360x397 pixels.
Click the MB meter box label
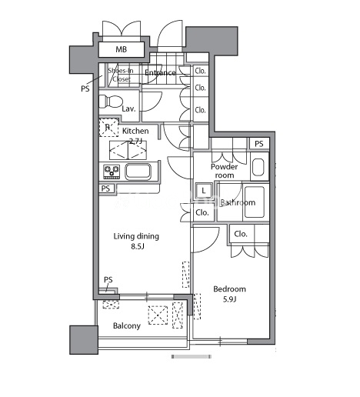click(121, 49)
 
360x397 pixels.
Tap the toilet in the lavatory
click(110, 102)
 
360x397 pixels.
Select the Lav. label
click(128, 108)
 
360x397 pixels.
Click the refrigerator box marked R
click(108, 127)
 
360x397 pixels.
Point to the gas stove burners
click(112, 172)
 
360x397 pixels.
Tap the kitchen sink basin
click(138, 172)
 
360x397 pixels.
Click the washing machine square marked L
click(204, 191)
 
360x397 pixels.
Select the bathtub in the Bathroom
click(255, 202)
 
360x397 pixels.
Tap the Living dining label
click(136, 236)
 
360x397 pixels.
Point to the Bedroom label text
click(229, 289)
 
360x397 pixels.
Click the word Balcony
click(127, 326)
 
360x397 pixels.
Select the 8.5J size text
click(138, 246)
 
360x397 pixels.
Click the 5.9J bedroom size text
click(229, 299)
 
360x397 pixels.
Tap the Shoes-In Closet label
click(121, 75)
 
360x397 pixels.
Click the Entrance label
click(160, 73)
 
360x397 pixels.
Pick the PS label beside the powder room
click(259, 144)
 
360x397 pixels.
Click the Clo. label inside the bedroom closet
click(241, 234)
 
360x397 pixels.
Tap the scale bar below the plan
click(192, 356)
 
